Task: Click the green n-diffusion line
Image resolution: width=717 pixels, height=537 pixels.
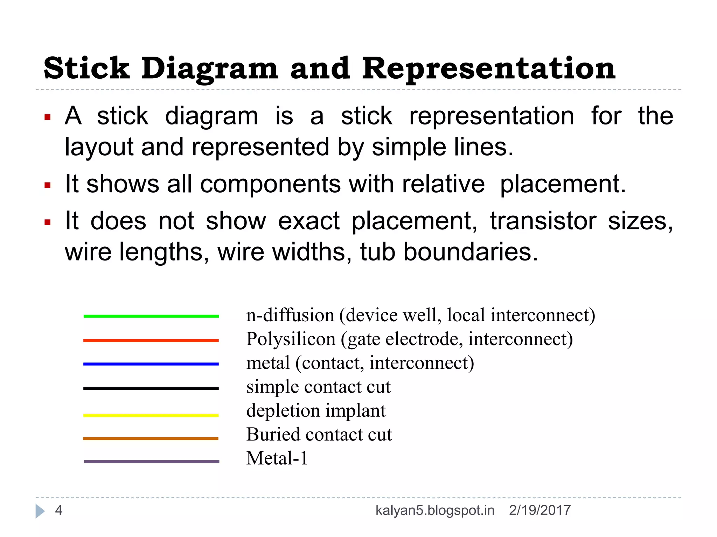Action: [151, 316]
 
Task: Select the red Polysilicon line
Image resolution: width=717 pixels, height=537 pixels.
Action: [151, 340]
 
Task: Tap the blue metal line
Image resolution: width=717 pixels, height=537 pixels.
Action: [151, 364]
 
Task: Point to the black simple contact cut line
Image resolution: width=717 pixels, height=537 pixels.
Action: [151, 388]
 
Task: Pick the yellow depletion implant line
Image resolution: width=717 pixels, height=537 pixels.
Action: [151, 415]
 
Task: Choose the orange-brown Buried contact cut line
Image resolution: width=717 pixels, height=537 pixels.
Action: [151, 438]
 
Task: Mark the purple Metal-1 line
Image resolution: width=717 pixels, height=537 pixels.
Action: [152, 461]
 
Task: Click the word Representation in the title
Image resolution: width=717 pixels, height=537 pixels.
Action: [488, 69]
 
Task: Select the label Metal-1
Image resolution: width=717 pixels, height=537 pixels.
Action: [277, 458]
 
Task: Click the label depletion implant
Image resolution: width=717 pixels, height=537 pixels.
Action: [316, 411]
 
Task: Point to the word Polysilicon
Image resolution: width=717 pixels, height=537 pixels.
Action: [291, 339]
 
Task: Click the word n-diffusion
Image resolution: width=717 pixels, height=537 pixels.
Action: [290, 315]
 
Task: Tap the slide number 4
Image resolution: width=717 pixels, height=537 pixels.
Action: [59, 510]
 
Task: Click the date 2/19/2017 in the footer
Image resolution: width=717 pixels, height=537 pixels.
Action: [540, 510]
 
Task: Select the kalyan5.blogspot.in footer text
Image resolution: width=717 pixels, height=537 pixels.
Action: [435, 510]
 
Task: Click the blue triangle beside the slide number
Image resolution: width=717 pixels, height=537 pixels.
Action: [40, 511]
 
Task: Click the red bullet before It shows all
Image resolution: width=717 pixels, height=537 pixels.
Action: [48, 185]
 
